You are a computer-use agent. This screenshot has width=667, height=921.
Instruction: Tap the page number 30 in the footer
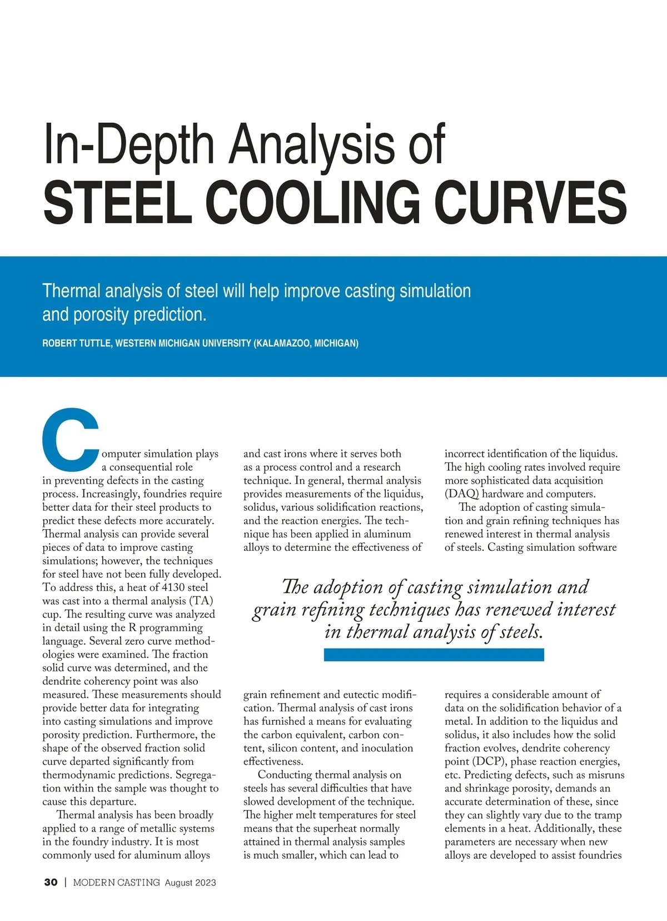(51, 882)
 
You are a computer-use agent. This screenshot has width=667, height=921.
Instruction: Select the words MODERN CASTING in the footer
(116, 882)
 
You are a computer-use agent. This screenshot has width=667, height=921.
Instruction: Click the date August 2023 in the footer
(190, 883)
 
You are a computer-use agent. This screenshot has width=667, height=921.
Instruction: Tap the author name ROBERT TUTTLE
(77, 343)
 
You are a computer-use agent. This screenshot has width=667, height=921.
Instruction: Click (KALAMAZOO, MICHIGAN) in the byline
(306, 343)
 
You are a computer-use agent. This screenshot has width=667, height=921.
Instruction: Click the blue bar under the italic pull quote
(434, 655)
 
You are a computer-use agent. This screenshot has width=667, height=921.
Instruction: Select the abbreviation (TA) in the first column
(202, 601)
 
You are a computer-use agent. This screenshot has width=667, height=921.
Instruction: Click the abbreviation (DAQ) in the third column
(461, 494)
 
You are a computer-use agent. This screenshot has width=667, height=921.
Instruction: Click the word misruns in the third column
(605, 775)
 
